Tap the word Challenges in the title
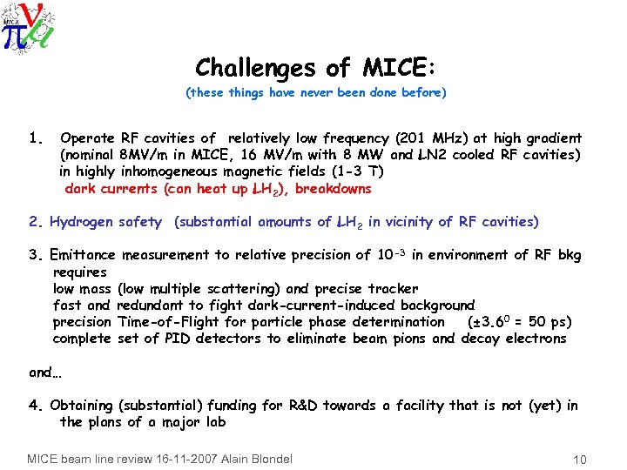pos(253,67)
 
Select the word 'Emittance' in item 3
pos(83,255)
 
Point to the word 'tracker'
pos(391,288)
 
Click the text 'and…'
pos(41,372)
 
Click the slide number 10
pos(581,459)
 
